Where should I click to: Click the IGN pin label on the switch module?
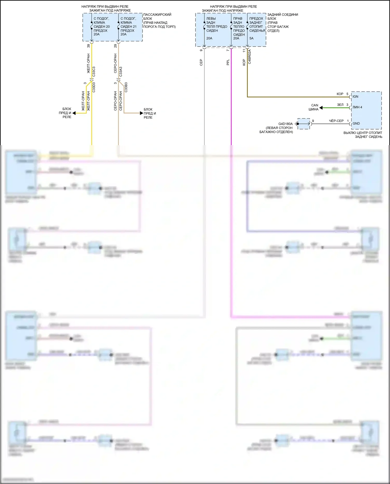click(x=355, y=96)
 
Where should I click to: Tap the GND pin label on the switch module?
click(x=356, y=124)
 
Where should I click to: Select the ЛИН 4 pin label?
click(x=357, y=107)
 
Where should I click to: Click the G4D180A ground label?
click(x=285, y=124)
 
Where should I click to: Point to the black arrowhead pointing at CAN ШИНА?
click(x=321, y=107)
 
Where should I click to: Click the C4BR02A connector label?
click(x=250, y=56)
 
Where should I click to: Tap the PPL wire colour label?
click(x=228, y=62)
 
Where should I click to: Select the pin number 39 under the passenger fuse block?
click(x=88, y=46)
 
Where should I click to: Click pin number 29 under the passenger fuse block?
click(x=115, y=46)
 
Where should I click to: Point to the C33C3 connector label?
click(x=94, y=72)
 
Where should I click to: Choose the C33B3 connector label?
click(x=126, y=87)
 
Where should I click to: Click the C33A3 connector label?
click(x=121, y=72)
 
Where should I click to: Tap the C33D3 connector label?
click(x=94, y=87)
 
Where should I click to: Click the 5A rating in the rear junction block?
click(x=251, y=38)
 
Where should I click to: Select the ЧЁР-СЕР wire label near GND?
click(x=336, y=121)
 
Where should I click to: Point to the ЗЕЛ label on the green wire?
click(x=340, y=105)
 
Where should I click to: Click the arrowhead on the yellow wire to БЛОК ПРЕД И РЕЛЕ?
click(x=74, y=113)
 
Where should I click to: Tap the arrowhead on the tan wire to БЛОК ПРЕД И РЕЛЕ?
click(x=141, y=113)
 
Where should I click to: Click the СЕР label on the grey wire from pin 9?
click(x=201, y=62)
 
